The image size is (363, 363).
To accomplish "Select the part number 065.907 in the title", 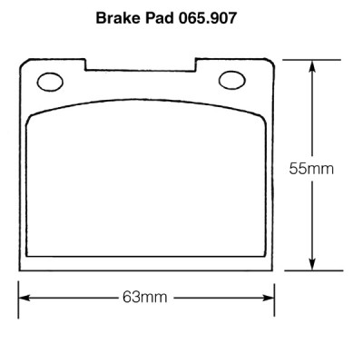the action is coord(207,18).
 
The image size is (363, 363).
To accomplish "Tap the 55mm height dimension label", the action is coord(311,169).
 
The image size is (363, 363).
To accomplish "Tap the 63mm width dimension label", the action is coord(144,298).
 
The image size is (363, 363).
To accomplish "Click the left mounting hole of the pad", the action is coord(50,82).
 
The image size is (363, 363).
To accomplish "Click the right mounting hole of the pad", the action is coord(232,80).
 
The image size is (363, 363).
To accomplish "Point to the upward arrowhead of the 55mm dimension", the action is coord(312,66).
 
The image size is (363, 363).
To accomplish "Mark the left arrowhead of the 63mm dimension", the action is coord(25,298).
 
